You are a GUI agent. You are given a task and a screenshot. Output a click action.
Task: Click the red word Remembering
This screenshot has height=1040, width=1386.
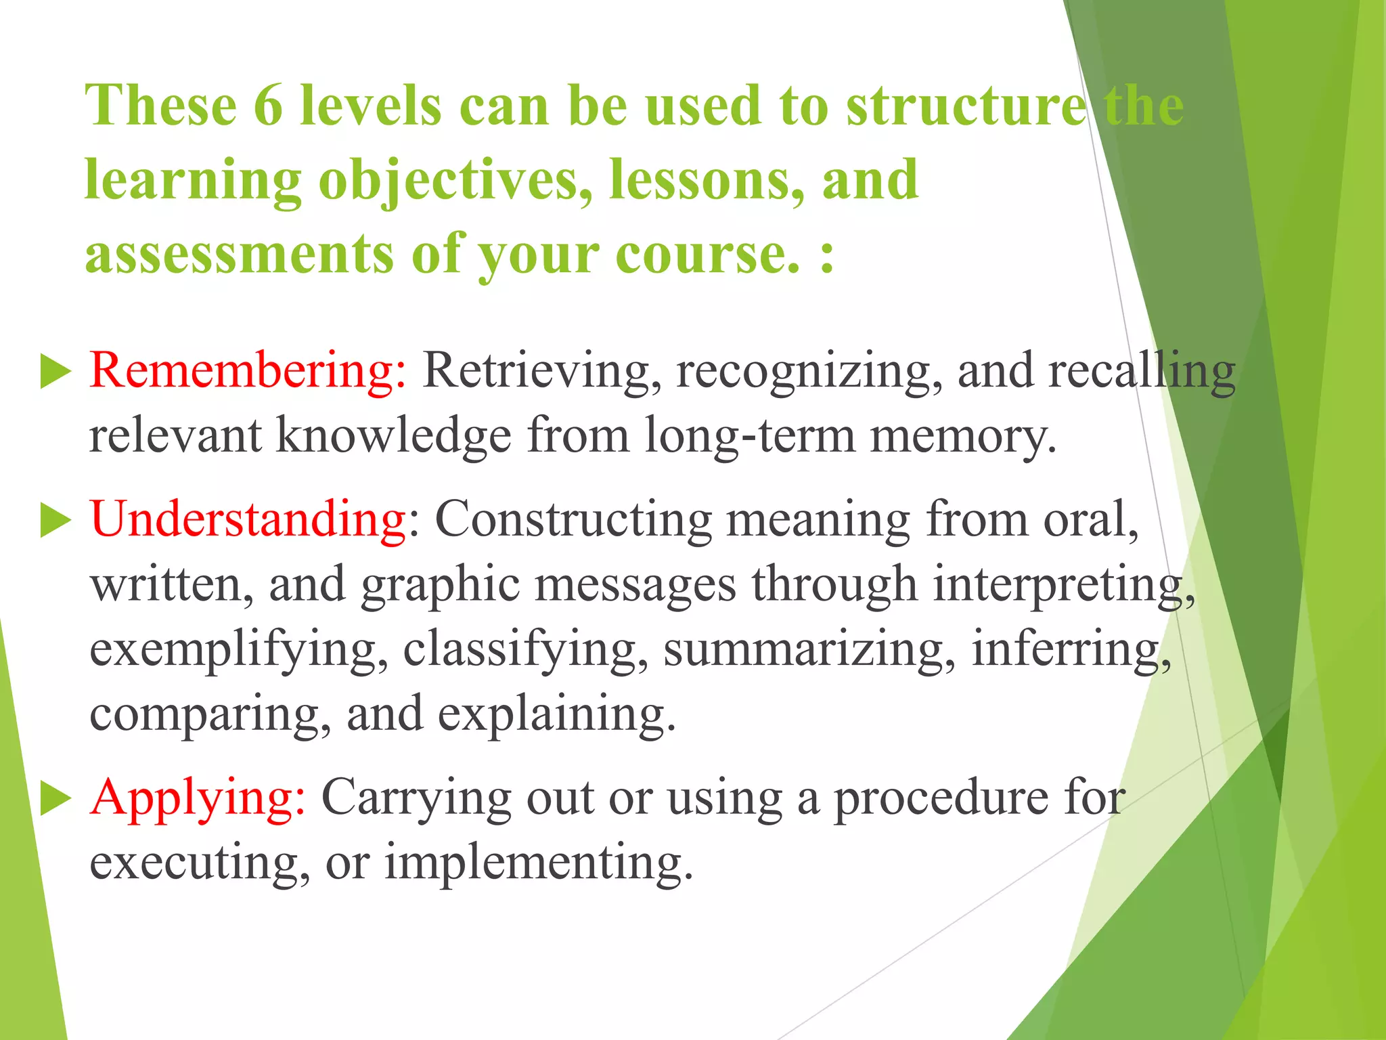pos(248,372)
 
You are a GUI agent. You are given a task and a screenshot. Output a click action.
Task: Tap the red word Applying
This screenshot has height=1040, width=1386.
pos(198,798)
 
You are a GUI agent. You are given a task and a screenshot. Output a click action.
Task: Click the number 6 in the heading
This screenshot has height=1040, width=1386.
pos(268,106)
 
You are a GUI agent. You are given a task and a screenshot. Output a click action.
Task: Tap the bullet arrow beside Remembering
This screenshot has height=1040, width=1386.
pos(55,372)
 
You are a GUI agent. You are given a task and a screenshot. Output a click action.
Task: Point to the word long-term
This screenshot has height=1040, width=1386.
pos(750,436)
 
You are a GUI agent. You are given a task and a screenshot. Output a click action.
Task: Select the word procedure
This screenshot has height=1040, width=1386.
pos(941,798)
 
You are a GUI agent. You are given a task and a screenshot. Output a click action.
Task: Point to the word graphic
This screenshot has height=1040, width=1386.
pos(440,585)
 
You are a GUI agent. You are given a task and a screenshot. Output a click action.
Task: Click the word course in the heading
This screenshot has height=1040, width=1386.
pos(707,254)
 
